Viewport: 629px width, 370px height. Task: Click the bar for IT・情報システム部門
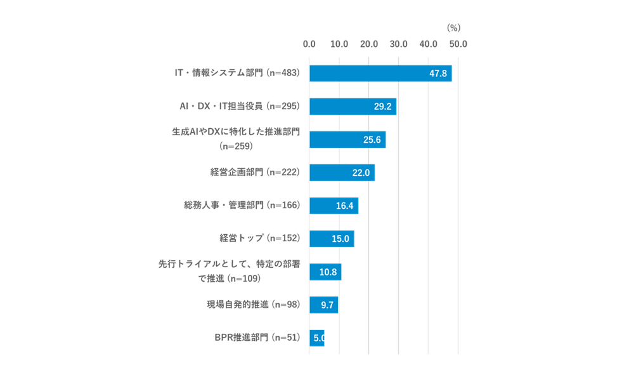pos(380,74)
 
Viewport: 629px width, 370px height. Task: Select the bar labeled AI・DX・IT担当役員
pos(353,107)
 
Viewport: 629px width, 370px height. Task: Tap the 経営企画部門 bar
pos(342,173)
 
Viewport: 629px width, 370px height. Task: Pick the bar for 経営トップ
pos(332,239)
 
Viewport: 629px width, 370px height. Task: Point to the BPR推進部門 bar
pos(316,338)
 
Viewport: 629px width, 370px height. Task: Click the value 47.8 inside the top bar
pos(438,74)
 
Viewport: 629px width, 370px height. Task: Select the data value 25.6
pos(372,140)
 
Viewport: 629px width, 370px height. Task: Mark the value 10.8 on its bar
pos(328,272)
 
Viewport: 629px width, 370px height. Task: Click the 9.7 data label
pos(327,305)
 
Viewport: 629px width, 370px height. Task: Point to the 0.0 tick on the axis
pos(309,44)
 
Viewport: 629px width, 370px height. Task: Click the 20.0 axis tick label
pos(369,44)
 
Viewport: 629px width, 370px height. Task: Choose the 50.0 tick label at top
pos(458,44)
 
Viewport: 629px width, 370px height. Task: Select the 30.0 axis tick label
pos(399,44)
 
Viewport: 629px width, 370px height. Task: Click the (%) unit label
pos(453,27)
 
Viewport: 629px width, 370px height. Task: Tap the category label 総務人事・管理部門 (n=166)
pos(241,205)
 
